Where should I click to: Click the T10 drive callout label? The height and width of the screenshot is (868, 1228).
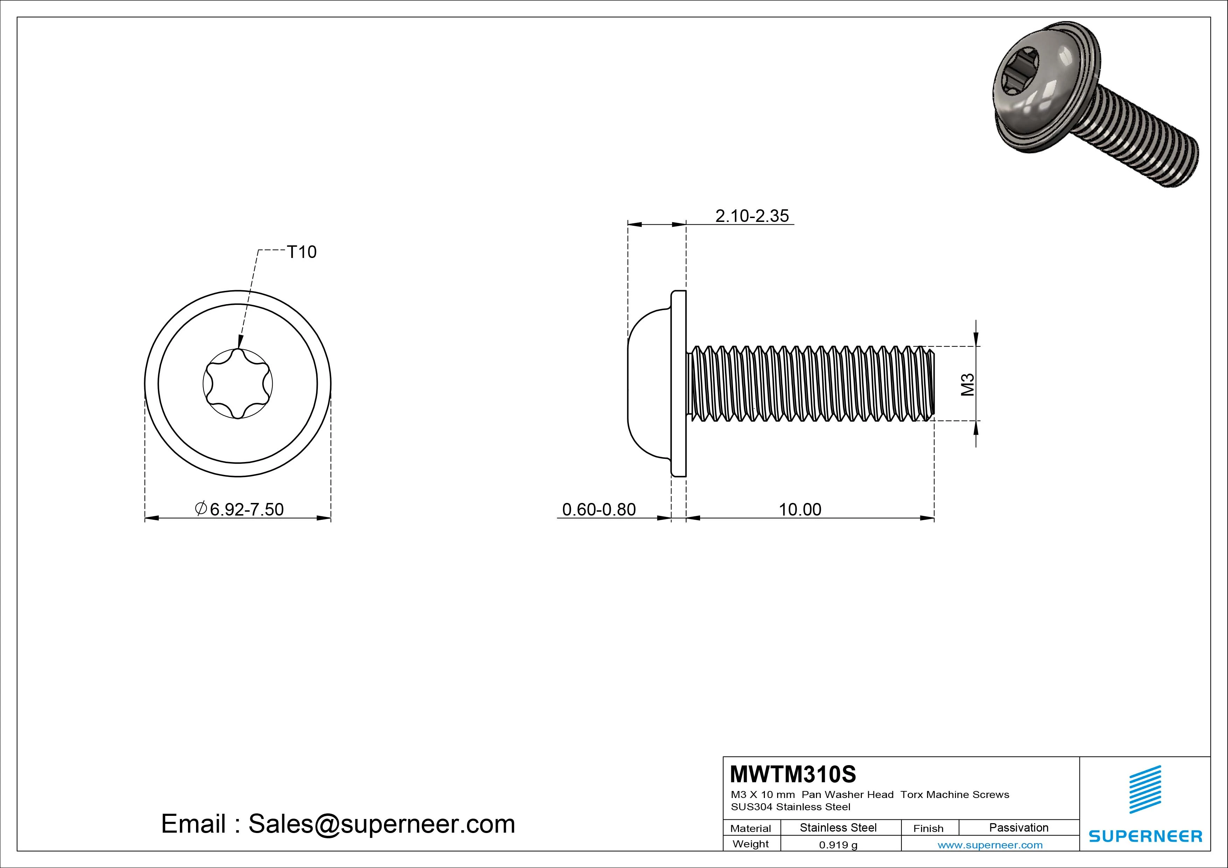tap(302, 252)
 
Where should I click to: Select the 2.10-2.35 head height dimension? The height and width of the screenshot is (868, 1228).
tap(752, 216)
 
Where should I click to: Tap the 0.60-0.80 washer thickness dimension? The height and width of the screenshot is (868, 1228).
tap(599, 509)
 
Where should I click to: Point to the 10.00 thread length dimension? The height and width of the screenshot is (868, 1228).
tap(800, 509)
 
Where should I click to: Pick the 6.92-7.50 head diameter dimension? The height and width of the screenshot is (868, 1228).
tap(246, 509)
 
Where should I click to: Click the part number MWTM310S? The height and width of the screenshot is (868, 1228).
tap(793, 774)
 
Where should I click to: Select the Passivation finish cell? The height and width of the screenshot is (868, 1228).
tap(1018, 827)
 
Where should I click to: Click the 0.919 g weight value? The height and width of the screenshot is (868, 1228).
tap(838, 845)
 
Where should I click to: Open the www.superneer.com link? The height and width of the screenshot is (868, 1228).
tap(990, 845)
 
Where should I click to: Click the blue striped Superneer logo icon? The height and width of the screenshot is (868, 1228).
tap(1145, 789)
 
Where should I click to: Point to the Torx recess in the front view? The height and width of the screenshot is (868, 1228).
tap(238, 384)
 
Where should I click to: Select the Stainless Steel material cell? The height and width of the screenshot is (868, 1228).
tap(838, 827)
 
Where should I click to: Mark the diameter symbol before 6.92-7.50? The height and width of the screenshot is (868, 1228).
tap(201, 509)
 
